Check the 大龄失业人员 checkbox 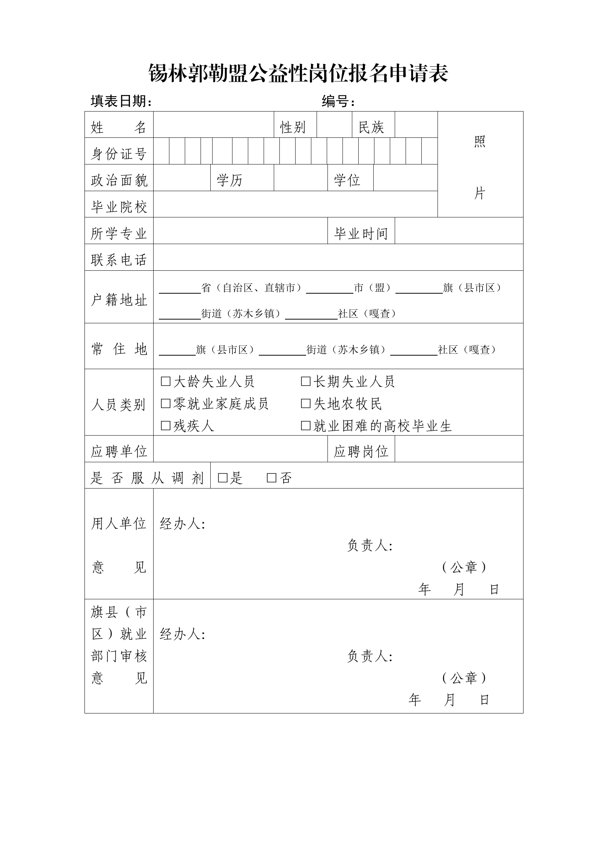tap(165, 382)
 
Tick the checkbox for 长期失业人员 tap(306, 382)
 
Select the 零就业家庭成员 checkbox tap(165, 404)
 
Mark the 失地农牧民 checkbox tap(306, 404)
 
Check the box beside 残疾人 tap(165, 425)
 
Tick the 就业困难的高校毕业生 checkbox tap(306, 425)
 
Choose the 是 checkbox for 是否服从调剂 tap(223, 478)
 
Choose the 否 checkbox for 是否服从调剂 tap(272, 478)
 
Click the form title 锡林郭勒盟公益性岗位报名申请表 tap(298, 73)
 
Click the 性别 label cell tap(293, 127)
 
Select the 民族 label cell tap(371, 127)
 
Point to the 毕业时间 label tap(361, 234)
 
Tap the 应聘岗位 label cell tap(361, 451)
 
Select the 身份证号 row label tap(119, 154)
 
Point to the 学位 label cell tap(347, 180)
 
